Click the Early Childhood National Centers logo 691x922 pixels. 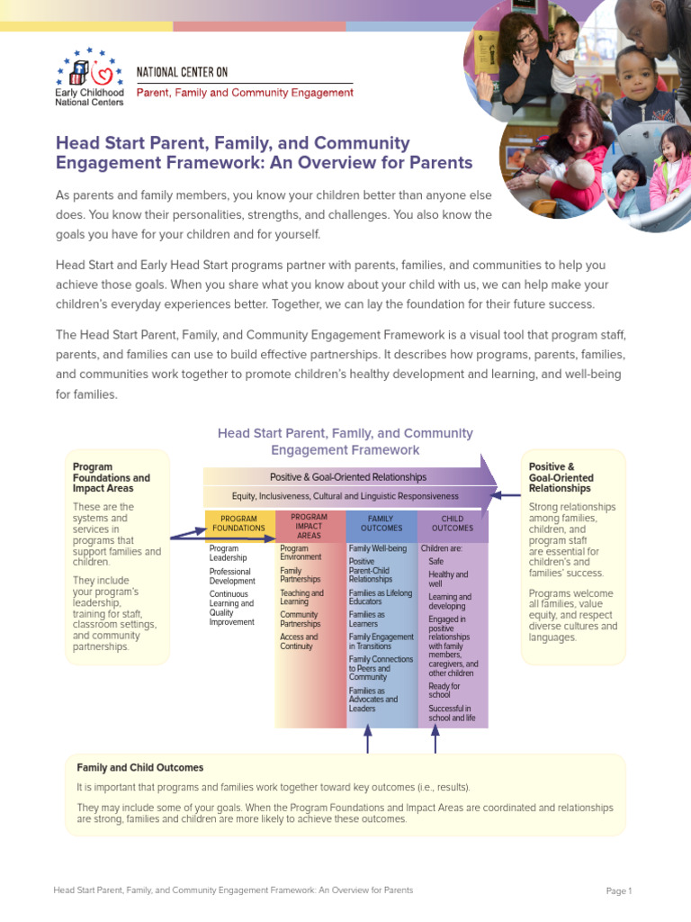click(x=90, y=78)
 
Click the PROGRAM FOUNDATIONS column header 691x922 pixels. click(x=238, y=524)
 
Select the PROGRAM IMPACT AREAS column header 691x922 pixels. click(x=309, y=526)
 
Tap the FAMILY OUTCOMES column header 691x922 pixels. click(x=381, y=524)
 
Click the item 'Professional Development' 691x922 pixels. click(x=232, y=576)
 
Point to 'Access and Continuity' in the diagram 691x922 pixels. click(x=299, y=641)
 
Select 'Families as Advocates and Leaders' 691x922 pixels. click(x=373, y=699)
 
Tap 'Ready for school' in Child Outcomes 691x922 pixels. click(x=444, y=690)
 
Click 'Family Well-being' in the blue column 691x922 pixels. click(x=378, y=548)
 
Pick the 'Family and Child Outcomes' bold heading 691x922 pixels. click(x=140, y=768)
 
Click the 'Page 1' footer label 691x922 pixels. click(x=619, y=891)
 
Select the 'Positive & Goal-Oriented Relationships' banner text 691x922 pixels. click(x=348, y=477)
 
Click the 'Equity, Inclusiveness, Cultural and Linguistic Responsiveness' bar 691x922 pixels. click(x=345, y=496)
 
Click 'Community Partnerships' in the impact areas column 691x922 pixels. click(x=301, y=619)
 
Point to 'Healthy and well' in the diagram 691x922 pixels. click(x=448, y=579)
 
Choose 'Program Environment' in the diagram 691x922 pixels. click(x=301, y=553)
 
